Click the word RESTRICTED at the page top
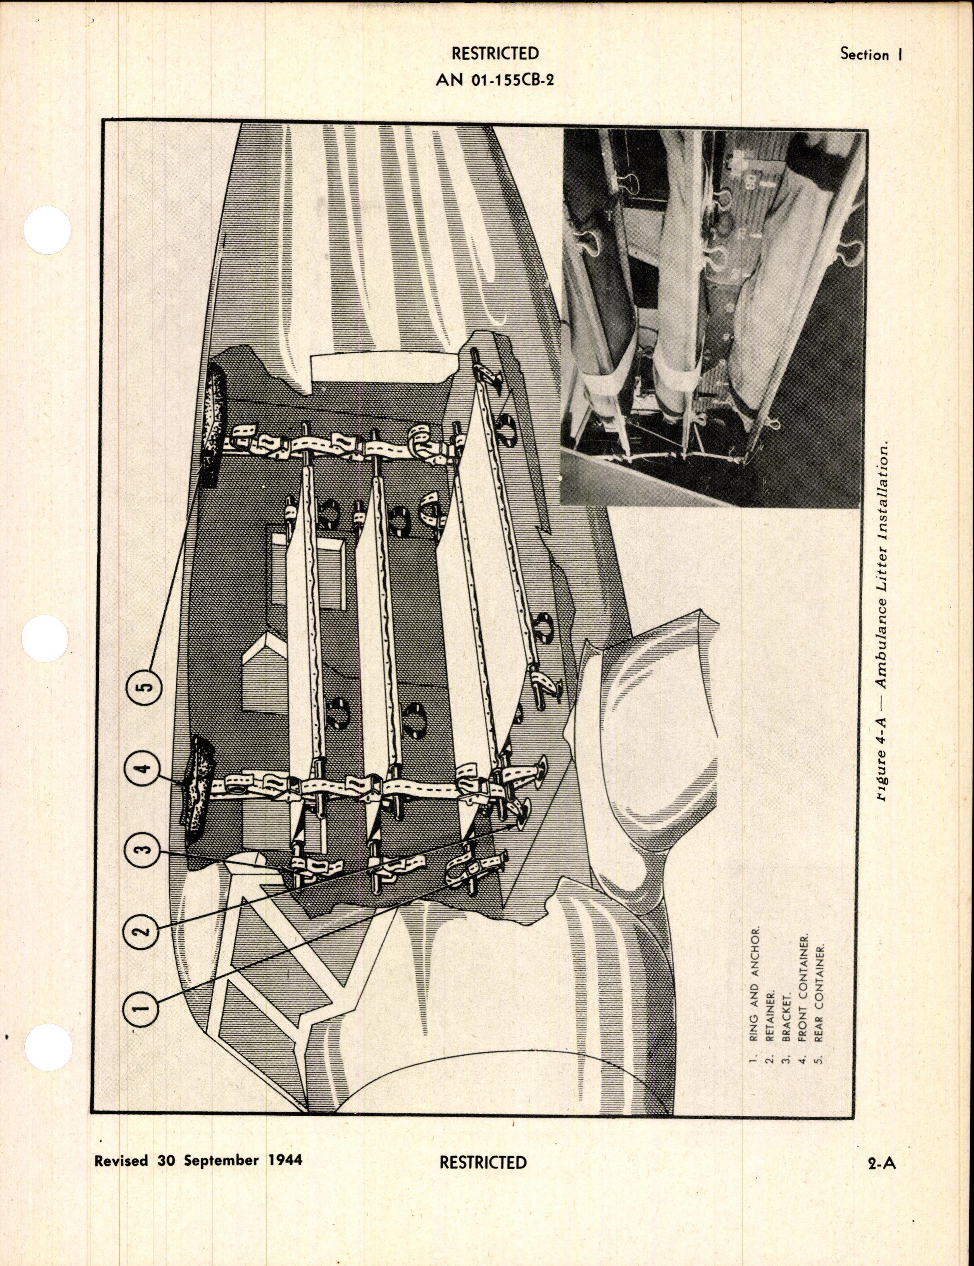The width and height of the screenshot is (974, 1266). pos(495,54)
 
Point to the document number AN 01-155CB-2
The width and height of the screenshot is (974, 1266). pos(495,80)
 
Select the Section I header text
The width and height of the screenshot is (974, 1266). pos(872,55)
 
